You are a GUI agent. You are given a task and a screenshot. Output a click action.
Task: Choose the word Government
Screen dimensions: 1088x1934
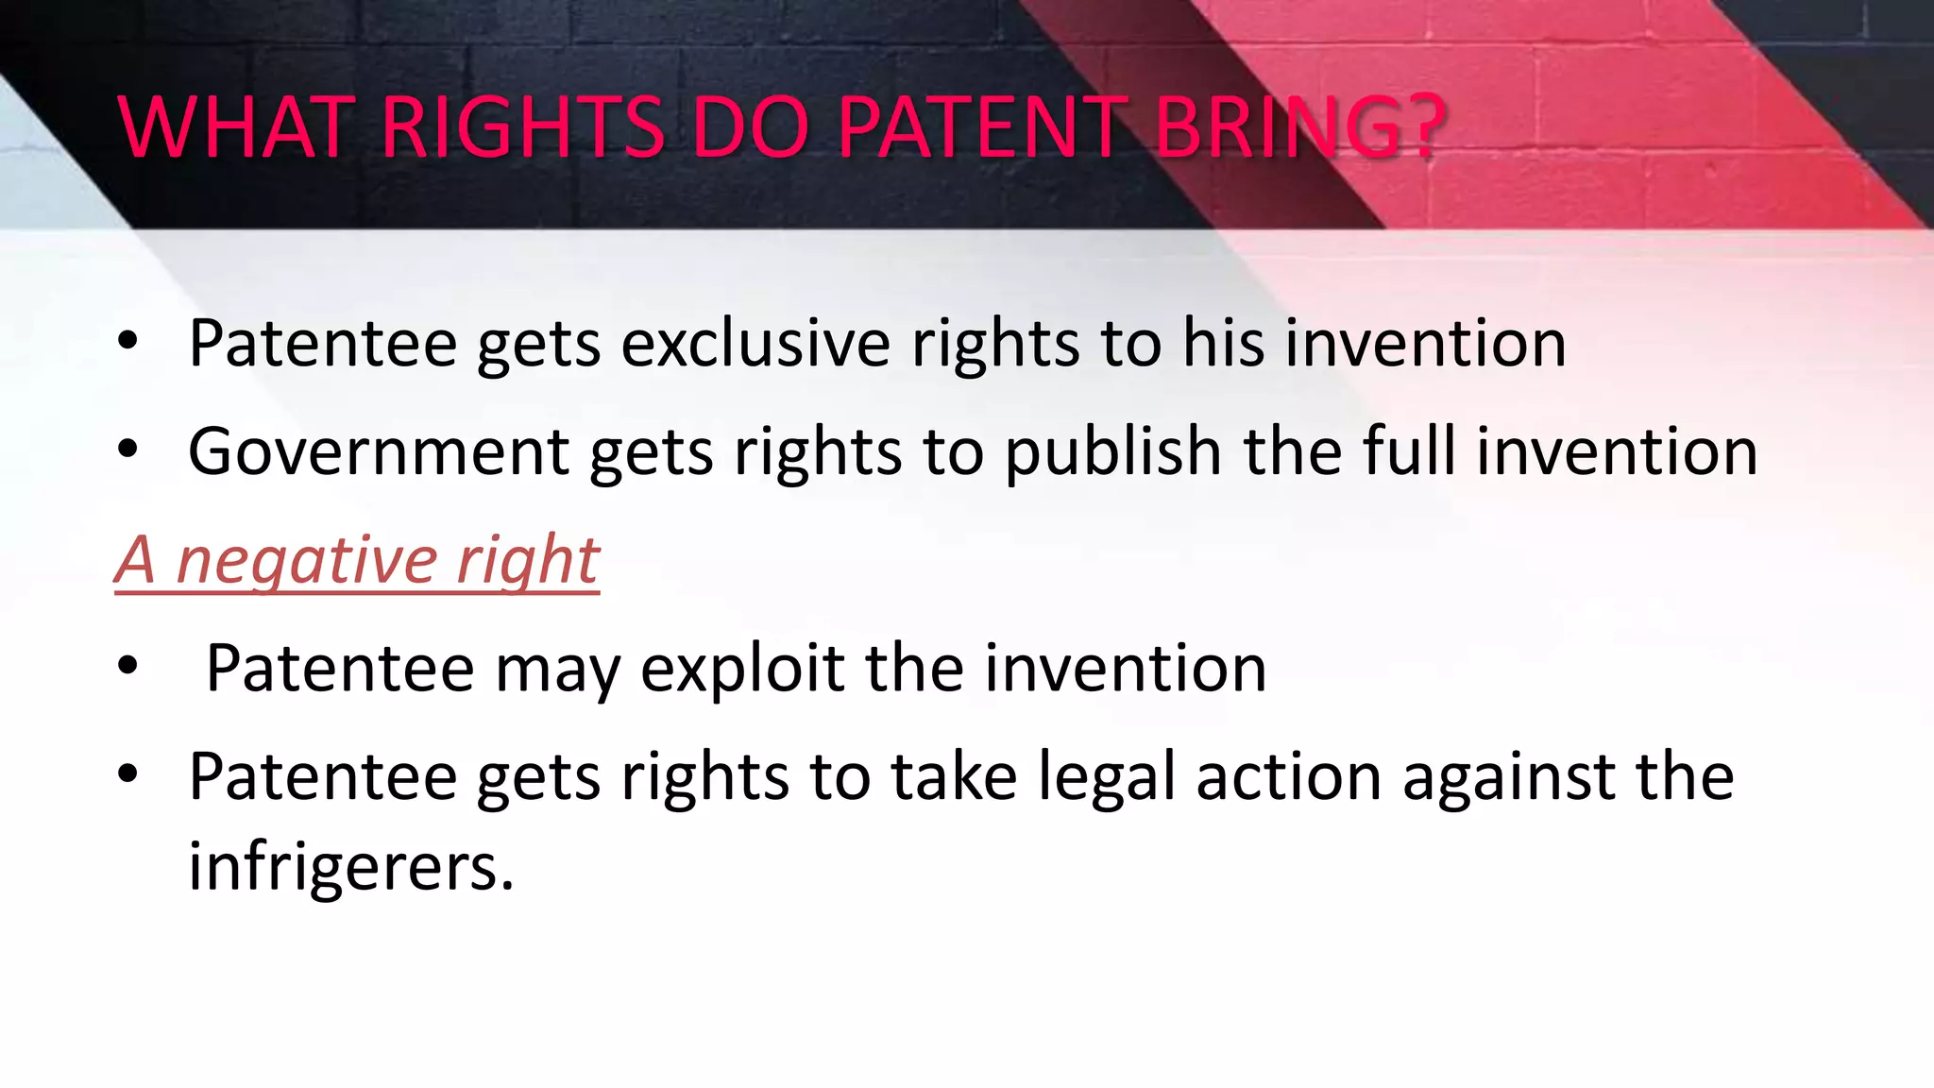pyautogui.click(x=378, y=451)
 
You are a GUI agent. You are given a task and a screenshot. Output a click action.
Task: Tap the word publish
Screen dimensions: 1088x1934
pyautogui.click(x=1113, y=451)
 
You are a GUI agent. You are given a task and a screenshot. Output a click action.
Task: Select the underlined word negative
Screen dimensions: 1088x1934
pyautogui.click(x=307, y=562)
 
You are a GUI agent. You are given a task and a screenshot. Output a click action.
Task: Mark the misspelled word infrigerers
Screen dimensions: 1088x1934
pyautogui.click(x=350, y=867)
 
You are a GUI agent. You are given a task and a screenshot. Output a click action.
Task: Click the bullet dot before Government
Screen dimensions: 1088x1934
pyautogui.click(x=128, y=450)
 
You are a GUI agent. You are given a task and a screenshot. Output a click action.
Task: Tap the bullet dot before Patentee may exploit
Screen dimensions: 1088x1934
pyautogui.click(x=128, y=667)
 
